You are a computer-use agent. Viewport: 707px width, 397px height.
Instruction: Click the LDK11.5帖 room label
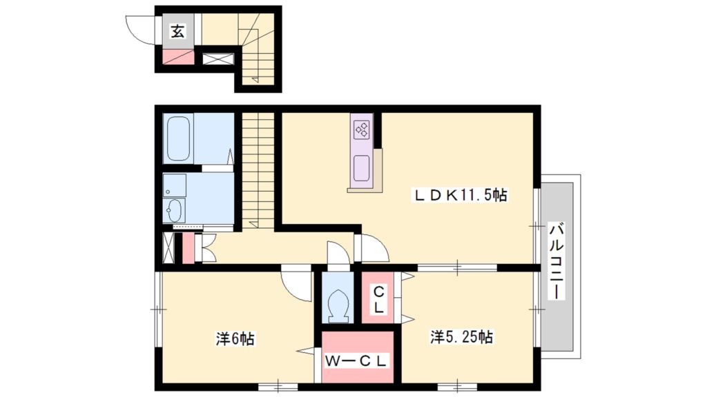pyautogui.click(x=461, y=196)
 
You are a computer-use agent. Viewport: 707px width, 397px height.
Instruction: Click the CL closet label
pyautogui.click(x=379, y=298)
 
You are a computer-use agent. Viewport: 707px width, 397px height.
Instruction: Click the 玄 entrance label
pyautogui.click(x=178, y=32)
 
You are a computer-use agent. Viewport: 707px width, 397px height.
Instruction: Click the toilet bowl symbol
pyautogui.click(x=339, y=303)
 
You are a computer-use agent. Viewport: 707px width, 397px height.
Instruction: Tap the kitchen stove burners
pyautogui.click(x=362, y=129)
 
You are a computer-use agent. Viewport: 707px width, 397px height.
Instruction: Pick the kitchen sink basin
pyautogui.click(x=362, y=167)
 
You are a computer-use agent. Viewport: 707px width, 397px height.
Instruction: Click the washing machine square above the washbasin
pyautogui.click(x=175, y=185)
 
